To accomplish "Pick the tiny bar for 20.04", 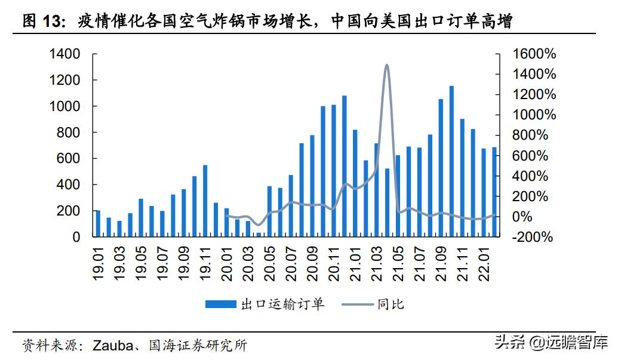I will pos(259,235).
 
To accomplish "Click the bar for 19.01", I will pos(98,223).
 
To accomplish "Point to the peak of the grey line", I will pos(387,65).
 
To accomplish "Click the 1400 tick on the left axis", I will pos(65,54).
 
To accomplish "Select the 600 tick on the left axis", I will pos(69,159).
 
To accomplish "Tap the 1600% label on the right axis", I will pos(534,54).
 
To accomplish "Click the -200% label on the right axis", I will pos(533,237).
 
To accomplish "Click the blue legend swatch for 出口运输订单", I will pos(220,304).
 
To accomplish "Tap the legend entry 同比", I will pos(391,304).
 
